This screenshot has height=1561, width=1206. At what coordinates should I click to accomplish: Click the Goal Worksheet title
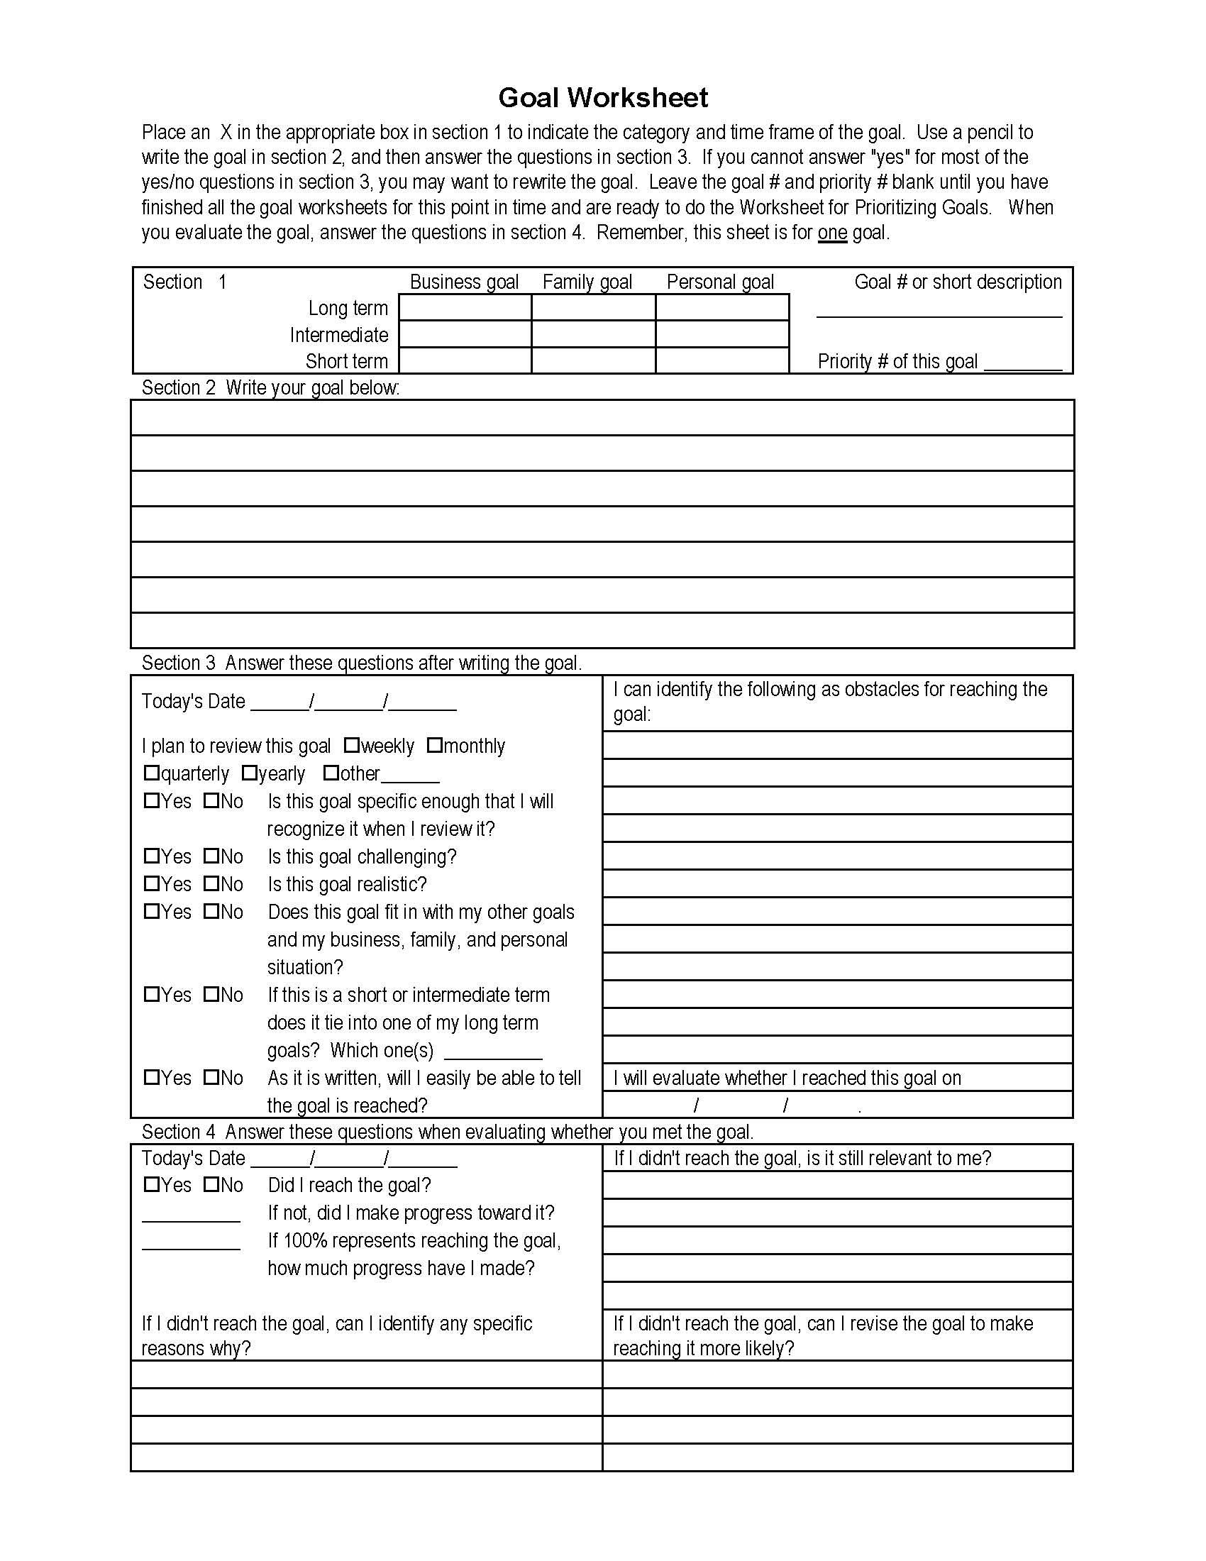click(602, 97)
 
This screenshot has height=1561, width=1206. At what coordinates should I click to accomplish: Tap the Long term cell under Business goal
click(465, 308)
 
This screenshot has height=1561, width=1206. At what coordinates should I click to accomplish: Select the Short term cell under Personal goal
click(721, 361)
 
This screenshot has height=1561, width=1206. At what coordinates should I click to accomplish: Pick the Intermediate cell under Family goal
click(593, 334)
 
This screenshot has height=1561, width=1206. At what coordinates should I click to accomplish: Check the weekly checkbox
click(351, 746)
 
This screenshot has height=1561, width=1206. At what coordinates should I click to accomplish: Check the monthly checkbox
click(434, 746)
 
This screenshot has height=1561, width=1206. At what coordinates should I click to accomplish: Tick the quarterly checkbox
click(152, 773)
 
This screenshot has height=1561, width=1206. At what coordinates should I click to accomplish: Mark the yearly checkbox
click(249, 773)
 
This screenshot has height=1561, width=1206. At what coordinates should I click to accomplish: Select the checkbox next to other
click(331, 773)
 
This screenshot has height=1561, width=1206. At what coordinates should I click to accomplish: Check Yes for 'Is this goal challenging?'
click(152, 856)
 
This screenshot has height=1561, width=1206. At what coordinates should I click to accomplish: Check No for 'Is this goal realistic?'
click(211, 883)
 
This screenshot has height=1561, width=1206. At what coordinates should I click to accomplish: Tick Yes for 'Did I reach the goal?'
click(152, 1184)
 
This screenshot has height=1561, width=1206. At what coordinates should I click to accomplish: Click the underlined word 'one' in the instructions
click(832, 233)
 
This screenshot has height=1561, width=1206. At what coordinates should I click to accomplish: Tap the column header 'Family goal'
click(587, 282)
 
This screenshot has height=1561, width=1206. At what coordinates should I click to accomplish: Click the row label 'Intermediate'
click(338, 334)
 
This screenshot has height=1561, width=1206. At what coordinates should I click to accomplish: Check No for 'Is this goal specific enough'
click(211, 800)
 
